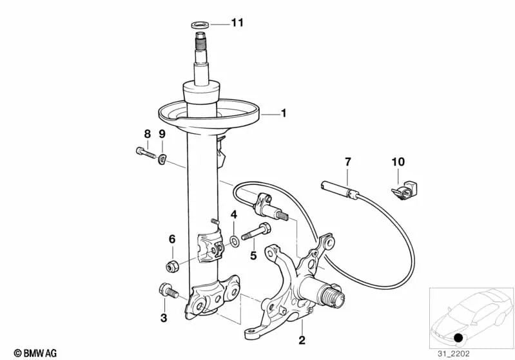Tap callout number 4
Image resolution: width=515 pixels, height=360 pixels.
pyautogui.click(x=234, y=214)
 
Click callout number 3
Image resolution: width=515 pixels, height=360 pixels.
pyautogui.click(x=164, y=317)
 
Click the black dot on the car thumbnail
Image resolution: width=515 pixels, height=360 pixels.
pyautogui.click(x=458, y=338)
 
